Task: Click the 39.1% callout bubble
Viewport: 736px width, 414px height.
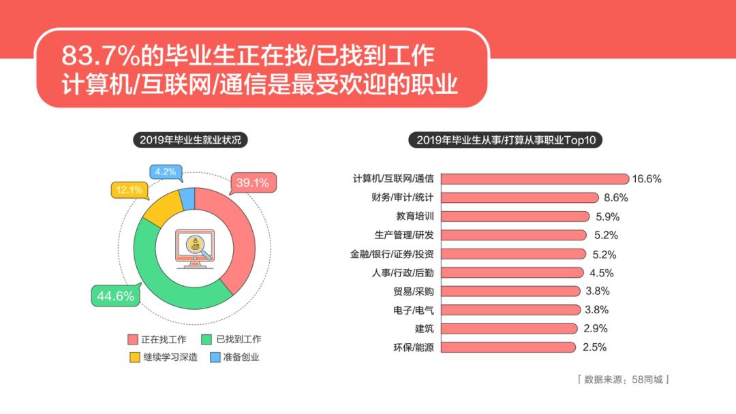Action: pos(253,183)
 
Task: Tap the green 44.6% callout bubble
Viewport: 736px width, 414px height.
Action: pos(116,296)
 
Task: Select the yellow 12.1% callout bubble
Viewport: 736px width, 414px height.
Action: pos(129,190)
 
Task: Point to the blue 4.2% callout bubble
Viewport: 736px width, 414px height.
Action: pos(166,172)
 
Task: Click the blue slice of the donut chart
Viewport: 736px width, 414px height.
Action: pos(188,198)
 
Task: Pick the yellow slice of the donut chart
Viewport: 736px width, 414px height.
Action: pos(164,209)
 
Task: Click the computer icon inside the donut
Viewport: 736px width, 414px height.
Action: pos(195,249)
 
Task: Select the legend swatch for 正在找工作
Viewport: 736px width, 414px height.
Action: pos(133,339)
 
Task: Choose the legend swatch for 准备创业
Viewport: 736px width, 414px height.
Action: pos(215,357)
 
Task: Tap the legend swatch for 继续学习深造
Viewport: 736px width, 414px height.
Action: pos(135,357)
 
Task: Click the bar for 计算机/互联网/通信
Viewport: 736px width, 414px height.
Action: pos(535,178)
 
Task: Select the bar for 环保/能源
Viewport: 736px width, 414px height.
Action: pos(508,347)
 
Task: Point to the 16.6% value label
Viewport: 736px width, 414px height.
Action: pos(646,178)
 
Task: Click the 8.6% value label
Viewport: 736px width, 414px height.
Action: pos(616,197)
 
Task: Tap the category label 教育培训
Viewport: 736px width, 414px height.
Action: pos(415,216)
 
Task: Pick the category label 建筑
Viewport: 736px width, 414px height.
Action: pos(425,329)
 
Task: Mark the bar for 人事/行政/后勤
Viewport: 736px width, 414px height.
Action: pos(512,272)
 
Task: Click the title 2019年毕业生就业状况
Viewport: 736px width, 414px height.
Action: pos(190,140)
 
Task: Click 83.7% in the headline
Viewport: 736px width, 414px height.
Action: pos(100,56)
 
